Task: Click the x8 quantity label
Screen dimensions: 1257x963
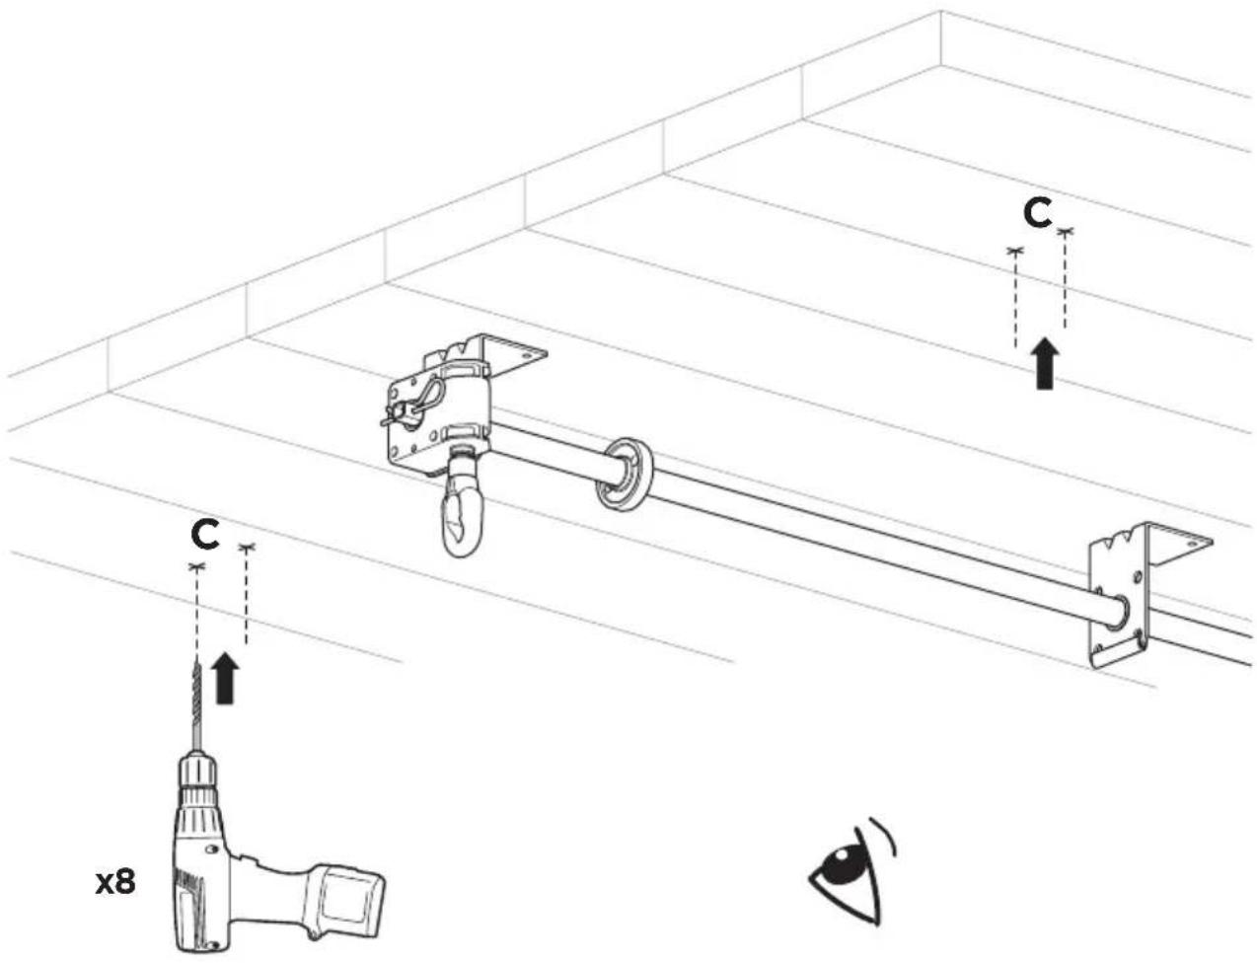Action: (x=115, y=883)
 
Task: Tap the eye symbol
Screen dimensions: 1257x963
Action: (x=851, y=870)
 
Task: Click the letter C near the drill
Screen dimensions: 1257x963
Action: (x=205, y=534)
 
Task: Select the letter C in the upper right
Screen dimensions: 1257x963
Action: (x=1037, y=213)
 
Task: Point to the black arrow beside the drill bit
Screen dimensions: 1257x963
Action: (x=225, y=679)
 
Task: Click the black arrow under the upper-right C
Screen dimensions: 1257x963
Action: (x=1045, y=364)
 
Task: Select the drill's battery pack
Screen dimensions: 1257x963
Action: (x=348, y=901)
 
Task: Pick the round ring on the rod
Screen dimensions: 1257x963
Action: (x=625, y=475)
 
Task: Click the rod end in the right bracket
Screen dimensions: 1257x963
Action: (x=1115, y=612)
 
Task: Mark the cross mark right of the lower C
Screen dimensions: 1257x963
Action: (x=247, y=547)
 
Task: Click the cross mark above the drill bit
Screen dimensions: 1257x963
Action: (x=198, y=566)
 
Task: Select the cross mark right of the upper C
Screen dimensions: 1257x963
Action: (x=1065, y=232)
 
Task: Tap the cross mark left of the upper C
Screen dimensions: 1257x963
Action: (x=1015, y=251)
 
